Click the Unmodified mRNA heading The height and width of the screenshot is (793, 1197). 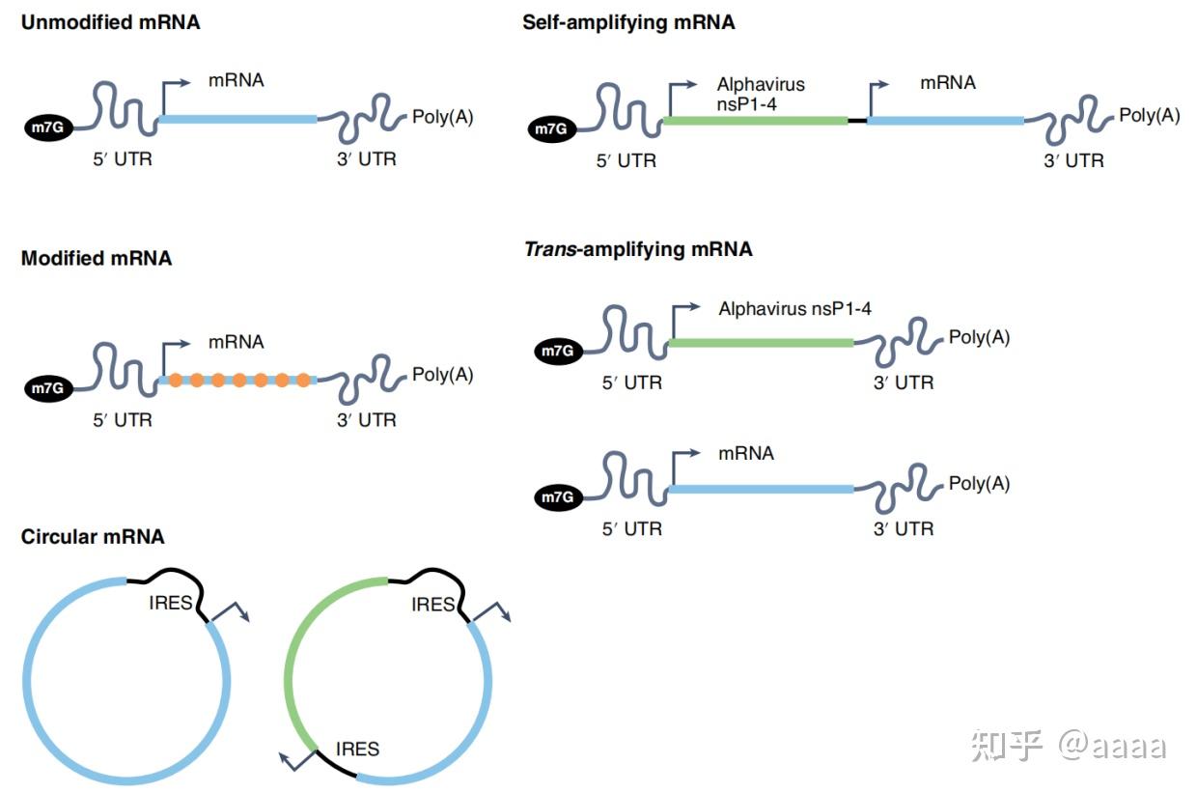pos(111,22)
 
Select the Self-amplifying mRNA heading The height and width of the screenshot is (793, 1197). pos(628,23)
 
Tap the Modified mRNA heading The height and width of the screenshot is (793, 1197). pos(97,258)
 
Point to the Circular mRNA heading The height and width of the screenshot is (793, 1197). pos(93,537)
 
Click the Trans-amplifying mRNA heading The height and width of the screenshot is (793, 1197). pos(638,250)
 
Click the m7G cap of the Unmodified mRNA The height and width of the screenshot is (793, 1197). pos(48,127)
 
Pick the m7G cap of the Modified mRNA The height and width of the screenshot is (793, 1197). pos(48,388)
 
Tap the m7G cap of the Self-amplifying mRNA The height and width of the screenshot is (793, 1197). pos(552,128)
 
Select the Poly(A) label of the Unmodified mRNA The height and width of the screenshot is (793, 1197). pos(443,117)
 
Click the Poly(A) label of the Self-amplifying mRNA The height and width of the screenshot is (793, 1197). pos(1150,116)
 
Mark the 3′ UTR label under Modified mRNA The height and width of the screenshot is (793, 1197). pos(367,420)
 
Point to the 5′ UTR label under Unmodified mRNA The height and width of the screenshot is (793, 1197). pos(123,159)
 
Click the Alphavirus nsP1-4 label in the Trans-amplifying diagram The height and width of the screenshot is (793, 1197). pos(794,309)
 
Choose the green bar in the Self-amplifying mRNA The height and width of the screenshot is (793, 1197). pos(756,121)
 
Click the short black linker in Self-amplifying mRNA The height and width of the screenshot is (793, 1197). pos(857,121)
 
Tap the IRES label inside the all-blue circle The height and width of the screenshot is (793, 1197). pos(171,603)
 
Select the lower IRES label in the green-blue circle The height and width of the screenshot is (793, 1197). pos(357,750)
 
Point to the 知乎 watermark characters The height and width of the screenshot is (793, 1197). pos(1007,745)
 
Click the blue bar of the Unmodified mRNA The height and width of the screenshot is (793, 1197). pos(238,119)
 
